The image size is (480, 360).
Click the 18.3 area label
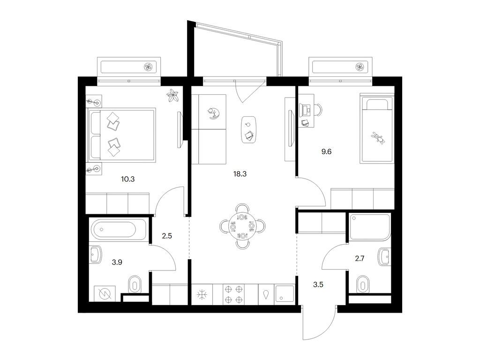coord(240,174)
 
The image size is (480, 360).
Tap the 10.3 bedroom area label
coord(127,179)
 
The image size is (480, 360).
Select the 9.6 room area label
coord(326,151)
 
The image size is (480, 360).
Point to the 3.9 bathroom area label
coord(117,262)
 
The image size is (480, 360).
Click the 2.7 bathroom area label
coord(360,259)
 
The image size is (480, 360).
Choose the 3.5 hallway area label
coord(318,285)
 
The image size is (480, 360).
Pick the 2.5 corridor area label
coord(167,236)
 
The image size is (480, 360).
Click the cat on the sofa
coord(213,113)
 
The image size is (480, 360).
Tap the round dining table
coord(242,226)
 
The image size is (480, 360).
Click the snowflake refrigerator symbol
coord(202,295)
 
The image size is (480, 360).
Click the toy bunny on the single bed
coord(378,137)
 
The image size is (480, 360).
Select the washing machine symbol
coord(105,294)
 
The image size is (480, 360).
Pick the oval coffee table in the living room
coord(248,129)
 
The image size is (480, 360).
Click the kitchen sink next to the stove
coord(285,294)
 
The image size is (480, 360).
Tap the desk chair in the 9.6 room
coord(318,110)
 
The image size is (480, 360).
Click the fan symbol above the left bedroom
coord(149,67)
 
